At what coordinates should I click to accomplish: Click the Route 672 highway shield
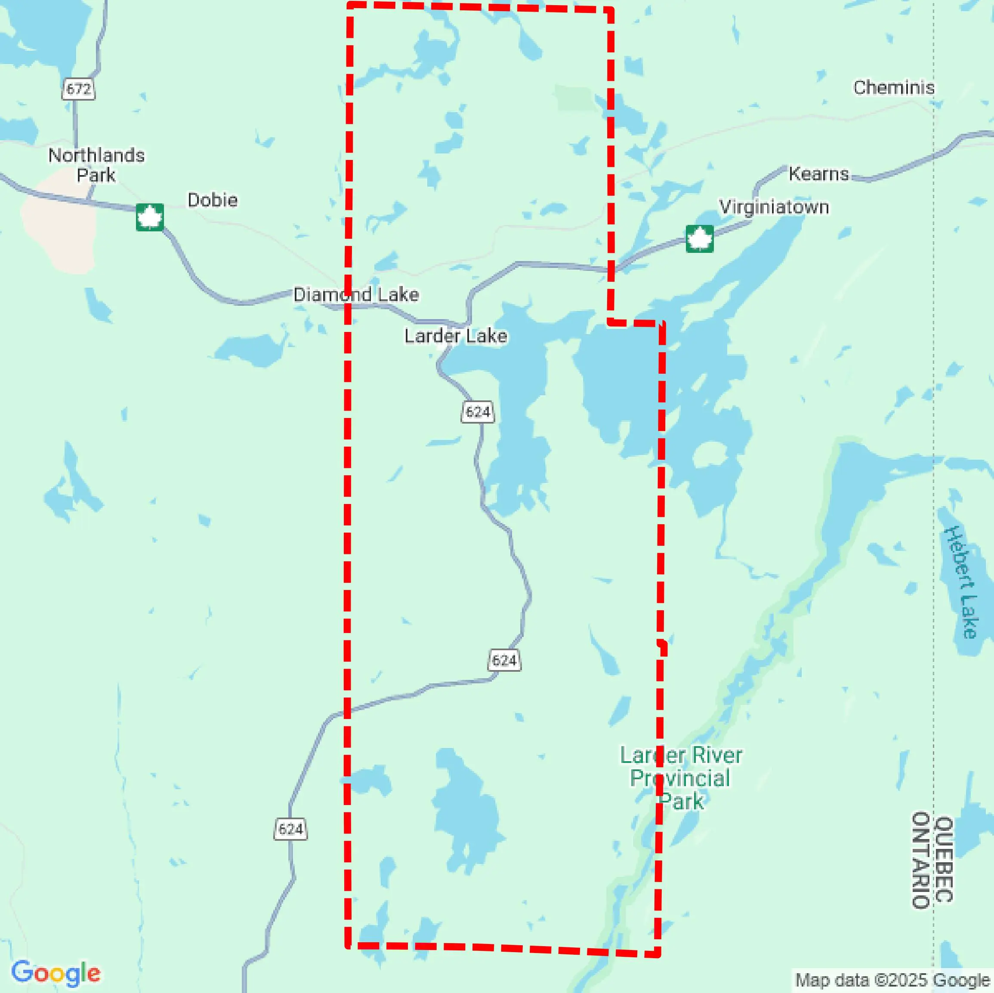tap(79, 89)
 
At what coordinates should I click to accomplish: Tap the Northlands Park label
tap(96, 165)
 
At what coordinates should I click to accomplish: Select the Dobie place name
tap(213, 200)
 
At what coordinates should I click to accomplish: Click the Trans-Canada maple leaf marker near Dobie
tap(150, 217)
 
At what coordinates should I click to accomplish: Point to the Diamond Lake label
tap(356, 295)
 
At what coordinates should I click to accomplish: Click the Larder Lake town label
tap(456, 336)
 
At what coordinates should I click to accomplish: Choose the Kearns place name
tap(818, 174)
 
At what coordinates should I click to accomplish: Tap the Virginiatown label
tap(774, 207)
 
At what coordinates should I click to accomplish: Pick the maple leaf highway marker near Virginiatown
tap(699, 239)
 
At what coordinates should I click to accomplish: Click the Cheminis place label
tap(894, 87)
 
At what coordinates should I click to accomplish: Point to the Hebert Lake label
tap(960, 581)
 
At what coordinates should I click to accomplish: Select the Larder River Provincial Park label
tap(680, 778)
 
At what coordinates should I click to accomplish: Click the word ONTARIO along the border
tap(921, 860)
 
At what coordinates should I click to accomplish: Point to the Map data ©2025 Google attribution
tap(892, 980)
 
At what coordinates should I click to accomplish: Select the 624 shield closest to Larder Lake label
tap(478, 412)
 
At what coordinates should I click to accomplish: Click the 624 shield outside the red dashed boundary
tap(291, 829)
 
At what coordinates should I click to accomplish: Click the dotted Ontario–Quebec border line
tap(934, 360)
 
